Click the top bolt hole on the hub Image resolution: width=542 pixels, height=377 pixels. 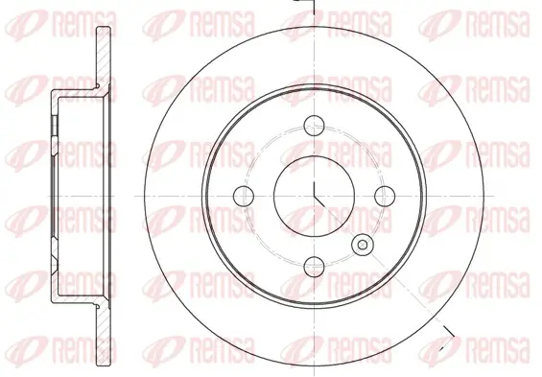click(x=314, y=125)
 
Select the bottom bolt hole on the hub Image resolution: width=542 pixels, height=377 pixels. click(x=315, y=267)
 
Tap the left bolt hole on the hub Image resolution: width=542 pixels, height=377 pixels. click(x=244, y=196)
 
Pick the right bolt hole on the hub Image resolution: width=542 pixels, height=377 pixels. click(x=385, y=196)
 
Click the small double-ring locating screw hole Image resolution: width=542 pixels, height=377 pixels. click(x=363, y=245)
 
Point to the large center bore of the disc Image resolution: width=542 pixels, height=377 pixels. click(x=314, y=196)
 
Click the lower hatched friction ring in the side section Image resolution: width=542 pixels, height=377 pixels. click(x=104, y=335)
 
